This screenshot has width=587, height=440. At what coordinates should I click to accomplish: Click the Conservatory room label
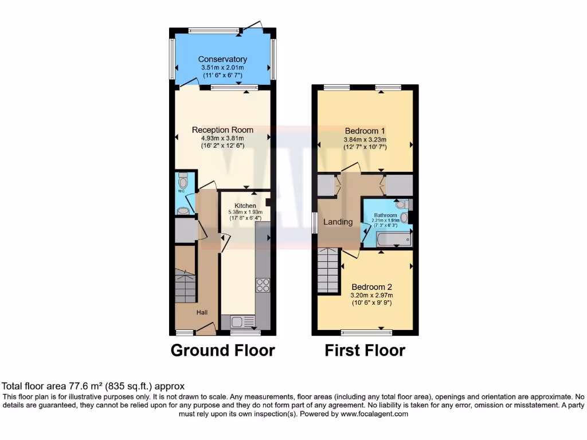coord(222,59)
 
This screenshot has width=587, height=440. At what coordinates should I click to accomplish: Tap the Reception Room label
coord(222,129)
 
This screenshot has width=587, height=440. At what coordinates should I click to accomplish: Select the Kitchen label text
coord(245,205)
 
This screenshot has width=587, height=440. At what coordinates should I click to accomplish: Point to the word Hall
coord(202,312)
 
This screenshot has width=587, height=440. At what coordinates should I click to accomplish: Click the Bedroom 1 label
coord(365,130)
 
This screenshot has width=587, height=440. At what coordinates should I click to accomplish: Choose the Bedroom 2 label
coord(371,286)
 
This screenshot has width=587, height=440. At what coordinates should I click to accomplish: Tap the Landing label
coord(338,222)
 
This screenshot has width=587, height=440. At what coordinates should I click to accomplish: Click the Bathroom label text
coord(385,215)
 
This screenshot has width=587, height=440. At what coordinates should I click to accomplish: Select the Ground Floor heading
coord(222,350)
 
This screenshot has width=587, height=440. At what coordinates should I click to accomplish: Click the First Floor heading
coord(365,350)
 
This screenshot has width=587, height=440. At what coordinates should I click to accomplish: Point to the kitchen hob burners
coord(263,285)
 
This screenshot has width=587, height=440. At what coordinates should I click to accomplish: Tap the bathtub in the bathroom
coord(395,239)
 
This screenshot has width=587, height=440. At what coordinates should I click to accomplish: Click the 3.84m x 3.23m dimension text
coord(365,139)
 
